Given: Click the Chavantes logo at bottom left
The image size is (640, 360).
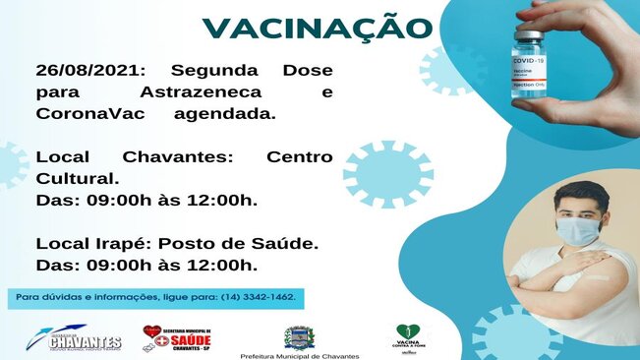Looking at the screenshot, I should click(x=71, y=339).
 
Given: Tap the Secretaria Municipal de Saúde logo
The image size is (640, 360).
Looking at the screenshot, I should click(x=178, y=337).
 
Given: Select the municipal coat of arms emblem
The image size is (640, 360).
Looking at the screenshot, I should click(x=296, y=336).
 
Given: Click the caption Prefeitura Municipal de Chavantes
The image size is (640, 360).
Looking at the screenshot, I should click(x=300, y=355).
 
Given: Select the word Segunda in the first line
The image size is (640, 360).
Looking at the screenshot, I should click(x=210, y=71).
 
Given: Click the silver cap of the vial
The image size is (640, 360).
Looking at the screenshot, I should click(x=529, y=35).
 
